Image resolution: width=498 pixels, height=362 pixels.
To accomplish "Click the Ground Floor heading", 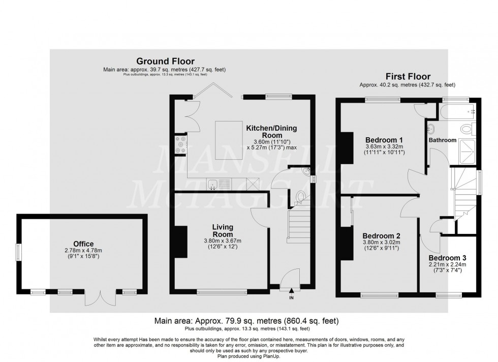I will pyautogui.click(x=164, y=62).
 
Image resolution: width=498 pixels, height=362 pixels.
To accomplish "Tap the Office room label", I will pyautogui.click(x=83, y=244).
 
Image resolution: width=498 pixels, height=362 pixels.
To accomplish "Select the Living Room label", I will pyautogui.click(x=223, y=230).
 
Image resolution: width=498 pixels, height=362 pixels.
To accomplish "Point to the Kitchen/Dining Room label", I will pyautogui.click(x=271, y=131).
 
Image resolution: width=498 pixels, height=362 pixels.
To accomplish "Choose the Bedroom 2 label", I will pyautogui.click(x=382, y=236).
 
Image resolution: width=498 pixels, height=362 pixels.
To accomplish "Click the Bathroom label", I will pyautogui.click(x=442, y=140).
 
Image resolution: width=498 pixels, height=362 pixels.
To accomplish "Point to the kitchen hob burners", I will pyautogui.click(x=180, y=144).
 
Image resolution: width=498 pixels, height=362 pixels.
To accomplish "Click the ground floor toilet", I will pyautogui.click(x=301, y=196).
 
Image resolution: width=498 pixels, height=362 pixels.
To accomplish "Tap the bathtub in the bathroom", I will pyautogui.click(x=458, y=110).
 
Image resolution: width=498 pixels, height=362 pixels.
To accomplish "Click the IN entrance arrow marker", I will pyautogui.click(x=291, y=293).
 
